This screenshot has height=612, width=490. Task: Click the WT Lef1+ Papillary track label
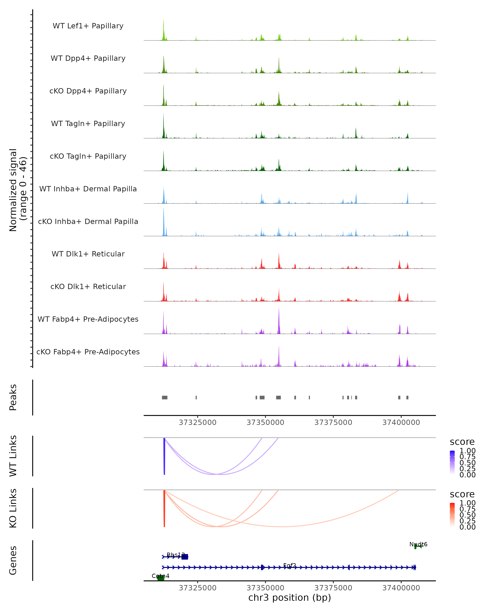88,26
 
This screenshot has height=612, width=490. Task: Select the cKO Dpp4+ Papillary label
88,91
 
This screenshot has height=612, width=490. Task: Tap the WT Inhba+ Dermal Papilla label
88,189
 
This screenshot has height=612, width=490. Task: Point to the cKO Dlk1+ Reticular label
88,287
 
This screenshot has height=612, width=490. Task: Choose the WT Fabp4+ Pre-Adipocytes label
88,319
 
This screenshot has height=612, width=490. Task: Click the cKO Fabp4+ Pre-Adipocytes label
88,352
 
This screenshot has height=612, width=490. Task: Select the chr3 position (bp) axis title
290,598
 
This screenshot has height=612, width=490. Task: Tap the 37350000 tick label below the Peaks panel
265,423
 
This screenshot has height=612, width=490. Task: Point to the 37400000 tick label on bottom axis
401,588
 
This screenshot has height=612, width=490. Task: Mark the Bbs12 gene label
176,555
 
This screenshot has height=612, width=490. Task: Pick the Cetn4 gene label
160,576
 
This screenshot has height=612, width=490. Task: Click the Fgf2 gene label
290,565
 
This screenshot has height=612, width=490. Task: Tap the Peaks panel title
13,397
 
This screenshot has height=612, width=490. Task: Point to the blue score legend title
462,442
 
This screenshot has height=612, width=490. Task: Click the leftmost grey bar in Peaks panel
165,397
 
